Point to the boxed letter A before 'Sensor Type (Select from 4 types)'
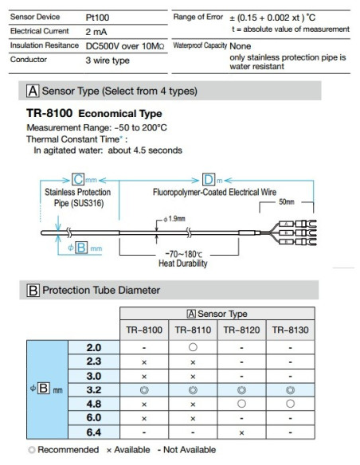(x=33, y=91)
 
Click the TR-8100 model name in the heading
(x=52, y=114)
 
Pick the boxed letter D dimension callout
(x=208, y=179)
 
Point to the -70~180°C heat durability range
(x=178, y=253)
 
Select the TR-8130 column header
(x=290, y=329)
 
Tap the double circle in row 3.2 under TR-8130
(x=290, y=389)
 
